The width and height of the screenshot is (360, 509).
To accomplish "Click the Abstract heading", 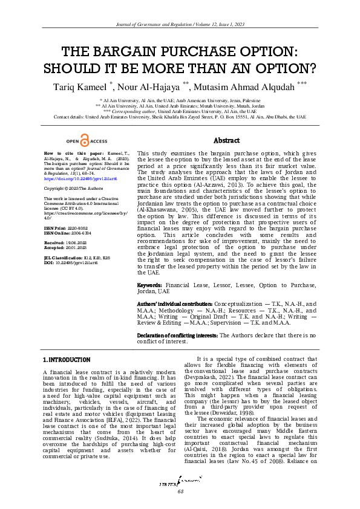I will pos(226,140).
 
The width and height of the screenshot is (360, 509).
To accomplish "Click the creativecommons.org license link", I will pos(82,214).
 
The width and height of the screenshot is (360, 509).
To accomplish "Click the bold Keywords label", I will pos(149,300).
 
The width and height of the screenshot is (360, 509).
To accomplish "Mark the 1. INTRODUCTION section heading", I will pos(67,360).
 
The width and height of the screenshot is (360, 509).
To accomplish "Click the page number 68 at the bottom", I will pos(180,491).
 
